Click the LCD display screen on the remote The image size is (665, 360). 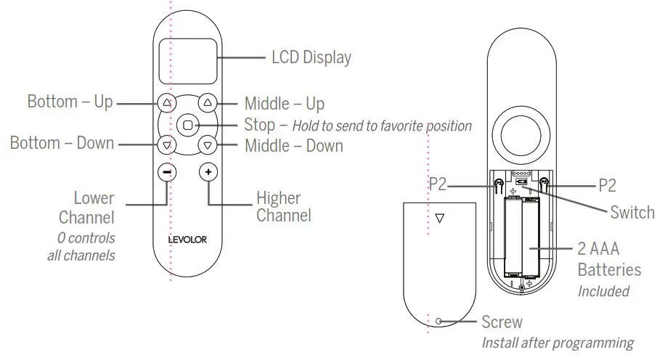[187, 61]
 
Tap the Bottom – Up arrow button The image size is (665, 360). [166, 102]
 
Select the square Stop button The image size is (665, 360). [187, 124]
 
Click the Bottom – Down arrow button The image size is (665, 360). [166, 145]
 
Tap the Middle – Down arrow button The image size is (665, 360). [208, 145]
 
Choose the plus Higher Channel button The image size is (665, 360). [208, 172]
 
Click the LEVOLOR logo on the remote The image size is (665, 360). [187, 240]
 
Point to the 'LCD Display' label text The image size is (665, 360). [311, 57]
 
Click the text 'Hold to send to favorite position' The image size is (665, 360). [381, 126]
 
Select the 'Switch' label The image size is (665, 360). [632, 213]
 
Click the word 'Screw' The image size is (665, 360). [502, 321]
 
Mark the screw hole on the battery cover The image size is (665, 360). [438, 320]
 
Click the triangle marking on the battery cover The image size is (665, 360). [438, 217]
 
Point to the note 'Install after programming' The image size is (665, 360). [557, 342]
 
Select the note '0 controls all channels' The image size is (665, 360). [86, 247]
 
